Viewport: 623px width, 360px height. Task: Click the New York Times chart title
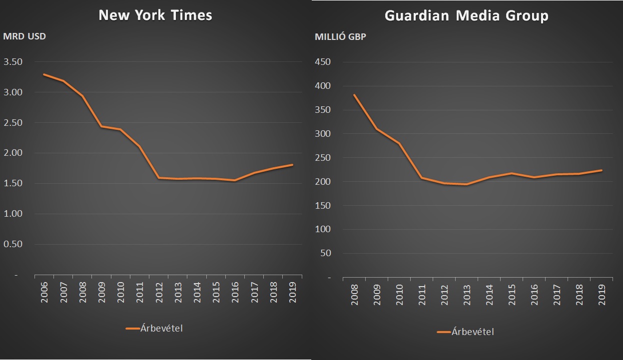coord(155,15)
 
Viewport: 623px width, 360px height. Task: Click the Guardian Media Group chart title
coord(466,15)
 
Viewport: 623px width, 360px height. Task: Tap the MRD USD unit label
coord(24,36)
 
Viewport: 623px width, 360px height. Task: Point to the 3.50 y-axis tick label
coord(13,62)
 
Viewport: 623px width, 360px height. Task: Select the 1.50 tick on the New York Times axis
coord(13,183)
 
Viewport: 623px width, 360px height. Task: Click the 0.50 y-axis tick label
coord(13,244)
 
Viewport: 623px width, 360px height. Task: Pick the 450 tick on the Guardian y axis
coord(323,62)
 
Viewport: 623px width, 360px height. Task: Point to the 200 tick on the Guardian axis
coord(323,182)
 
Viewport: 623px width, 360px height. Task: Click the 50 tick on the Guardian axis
coord(325,253)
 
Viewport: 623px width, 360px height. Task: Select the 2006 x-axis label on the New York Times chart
coord(44,292)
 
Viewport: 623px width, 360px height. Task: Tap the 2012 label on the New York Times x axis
coord(159,292)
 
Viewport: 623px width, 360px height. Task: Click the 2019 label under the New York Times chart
coord(293,292)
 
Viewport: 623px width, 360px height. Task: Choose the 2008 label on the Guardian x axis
coord(354,294)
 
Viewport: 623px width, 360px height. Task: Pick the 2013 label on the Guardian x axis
coord(466,294)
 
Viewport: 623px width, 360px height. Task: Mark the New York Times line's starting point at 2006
coord(44,74)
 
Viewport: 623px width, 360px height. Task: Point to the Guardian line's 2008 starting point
coord(354,95)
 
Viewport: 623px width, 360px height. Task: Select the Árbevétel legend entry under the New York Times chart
coord(155,328)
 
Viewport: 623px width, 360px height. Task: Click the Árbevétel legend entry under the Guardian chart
coord(465,332)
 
